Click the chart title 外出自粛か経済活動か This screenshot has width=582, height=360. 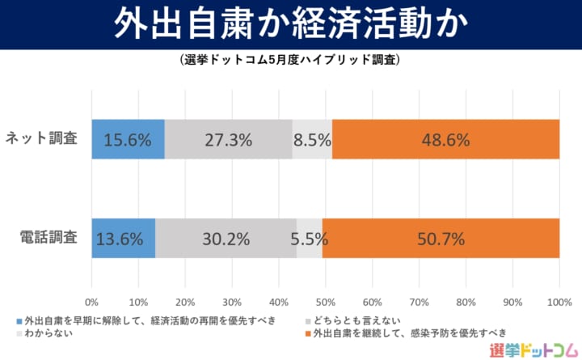click(x=291, y=24)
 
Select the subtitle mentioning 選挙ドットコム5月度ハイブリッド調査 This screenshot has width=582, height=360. click(x=291, y=60)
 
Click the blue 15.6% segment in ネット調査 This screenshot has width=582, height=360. click(x=128, y=139)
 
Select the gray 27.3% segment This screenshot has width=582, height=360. click(x=228, y=139)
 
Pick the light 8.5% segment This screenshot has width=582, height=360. click(x=312, y=139)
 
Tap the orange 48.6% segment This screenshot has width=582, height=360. click(x=445, y=139)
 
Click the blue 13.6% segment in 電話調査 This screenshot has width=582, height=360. click(x=123, y=239)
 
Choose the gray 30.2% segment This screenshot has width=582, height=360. click(x=226, y=239)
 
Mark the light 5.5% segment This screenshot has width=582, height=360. click(x=310, y=239)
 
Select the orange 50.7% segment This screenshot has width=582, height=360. click(x=441, y=239)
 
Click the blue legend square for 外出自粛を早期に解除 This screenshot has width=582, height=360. click(x=18, y=321)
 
